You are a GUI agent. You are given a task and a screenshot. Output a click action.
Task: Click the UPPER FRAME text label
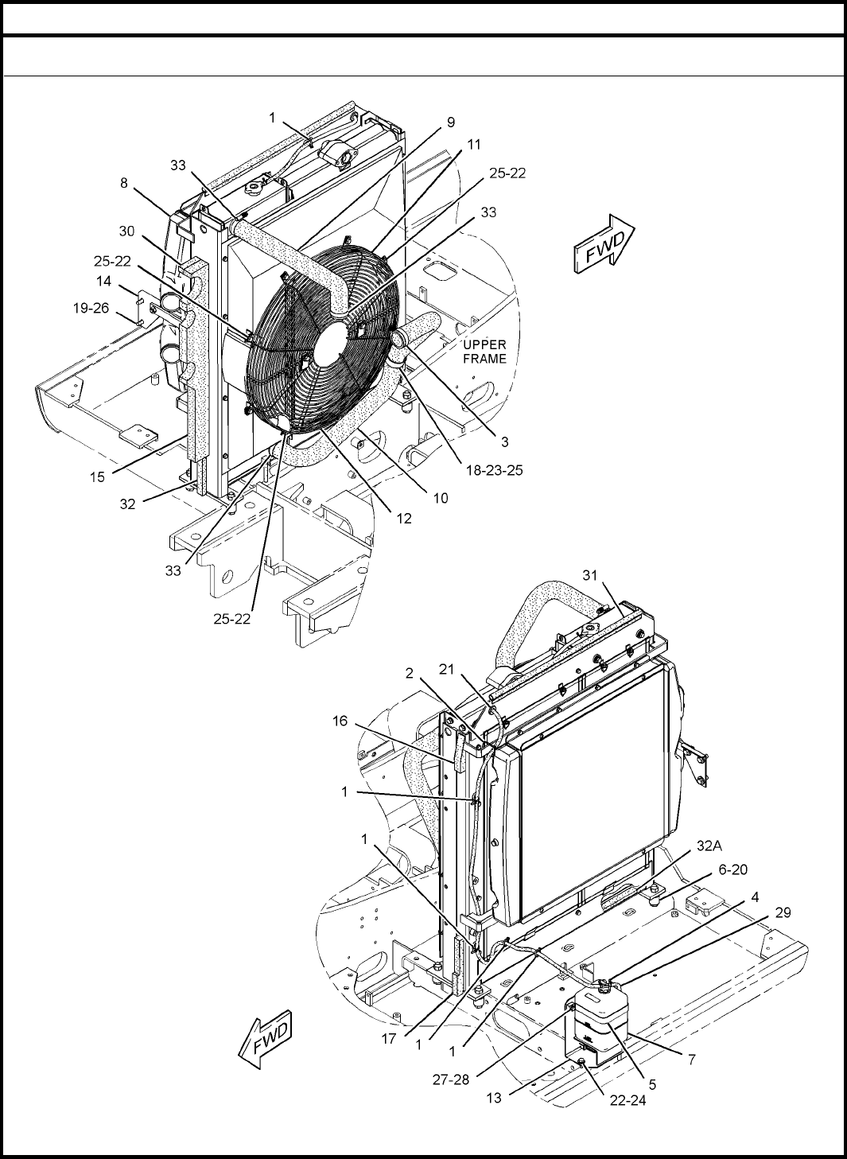484,352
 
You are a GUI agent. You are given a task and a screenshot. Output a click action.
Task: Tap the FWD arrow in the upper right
604,243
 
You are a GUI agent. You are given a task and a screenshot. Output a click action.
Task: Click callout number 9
451,123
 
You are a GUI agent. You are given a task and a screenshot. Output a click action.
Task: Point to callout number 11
474,145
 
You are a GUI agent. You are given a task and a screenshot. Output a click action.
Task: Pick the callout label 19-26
91,309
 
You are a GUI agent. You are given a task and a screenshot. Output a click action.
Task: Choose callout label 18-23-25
495,470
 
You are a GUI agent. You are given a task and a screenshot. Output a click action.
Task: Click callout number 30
126,231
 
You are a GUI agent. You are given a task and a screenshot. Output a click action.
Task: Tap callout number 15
98,477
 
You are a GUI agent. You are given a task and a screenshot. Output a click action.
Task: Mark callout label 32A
709,846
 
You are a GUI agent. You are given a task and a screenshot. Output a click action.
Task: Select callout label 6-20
733,869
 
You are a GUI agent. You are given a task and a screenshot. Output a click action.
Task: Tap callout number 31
590,575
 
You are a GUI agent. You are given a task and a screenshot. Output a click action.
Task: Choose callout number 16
340,721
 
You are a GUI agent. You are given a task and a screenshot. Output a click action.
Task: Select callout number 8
123,183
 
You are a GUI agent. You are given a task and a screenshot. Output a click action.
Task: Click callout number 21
446,669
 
